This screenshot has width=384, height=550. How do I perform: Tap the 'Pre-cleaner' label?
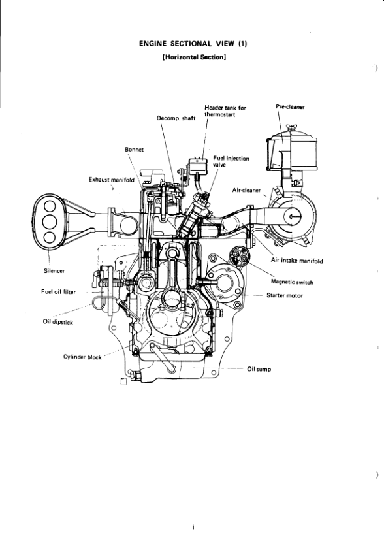(x=291, y=107)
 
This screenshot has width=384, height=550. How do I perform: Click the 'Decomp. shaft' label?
(x=176, y=118)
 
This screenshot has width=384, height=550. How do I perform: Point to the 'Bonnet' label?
(x=134, y=149)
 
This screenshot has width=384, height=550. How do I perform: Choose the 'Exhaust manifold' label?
(x=112, y=179)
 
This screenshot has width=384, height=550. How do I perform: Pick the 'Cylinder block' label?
(x=81, y=357)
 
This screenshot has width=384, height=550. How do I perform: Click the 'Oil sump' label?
(x=259, y=369)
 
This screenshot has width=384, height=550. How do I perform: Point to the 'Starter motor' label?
(x=285, y=295)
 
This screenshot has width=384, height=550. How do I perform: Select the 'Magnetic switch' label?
(x=292, y=282)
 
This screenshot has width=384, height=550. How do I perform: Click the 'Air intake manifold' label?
(x=296, y=261)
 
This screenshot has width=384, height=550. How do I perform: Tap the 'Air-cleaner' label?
(x=247, y=190)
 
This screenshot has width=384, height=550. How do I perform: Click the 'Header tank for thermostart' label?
(x=225, y=111)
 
